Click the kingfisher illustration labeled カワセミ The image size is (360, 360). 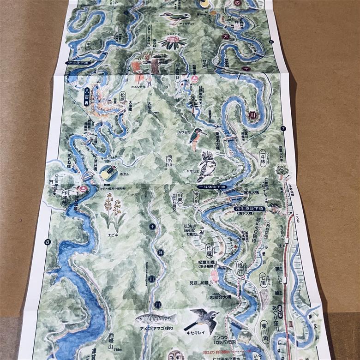tap(198, 138)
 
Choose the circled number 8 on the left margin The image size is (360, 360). tap(47, 242)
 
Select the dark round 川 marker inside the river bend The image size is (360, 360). tap(252, 114)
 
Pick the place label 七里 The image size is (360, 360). tap(263, 280)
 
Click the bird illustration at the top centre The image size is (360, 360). tap(174, 18)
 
